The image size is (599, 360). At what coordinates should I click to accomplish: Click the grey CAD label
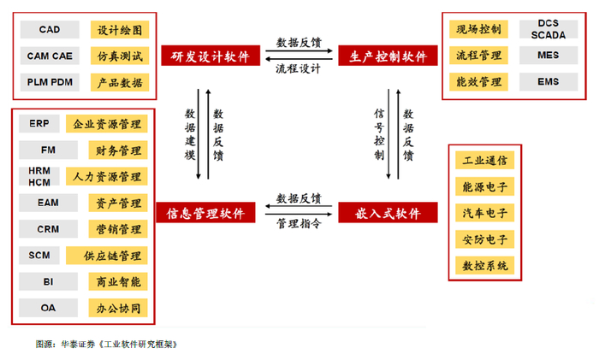click(x=50, y=30)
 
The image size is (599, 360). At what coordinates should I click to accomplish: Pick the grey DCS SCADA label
click(x=548, y=29)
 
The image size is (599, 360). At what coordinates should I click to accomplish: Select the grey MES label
click(x=548, y=56)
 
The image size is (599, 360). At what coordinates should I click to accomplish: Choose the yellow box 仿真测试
click(x=119, y=56)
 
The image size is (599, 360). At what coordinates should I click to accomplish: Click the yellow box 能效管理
click(x=478, y=82)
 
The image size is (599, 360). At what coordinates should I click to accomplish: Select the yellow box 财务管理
click(x=118, y=150)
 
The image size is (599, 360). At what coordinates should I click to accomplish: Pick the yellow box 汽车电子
click(x=484, y=213)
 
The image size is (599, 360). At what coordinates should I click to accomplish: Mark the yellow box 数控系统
click(x=484, y=266)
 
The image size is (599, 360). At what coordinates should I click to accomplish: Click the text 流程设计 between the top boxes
click(x=299, y=68)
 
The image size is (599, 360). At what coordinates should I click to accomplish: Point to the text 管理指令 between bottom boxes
click(x=299, y=223)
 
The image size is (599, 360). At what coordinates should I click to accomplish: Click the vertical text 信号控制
click(x=380, y=134)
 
